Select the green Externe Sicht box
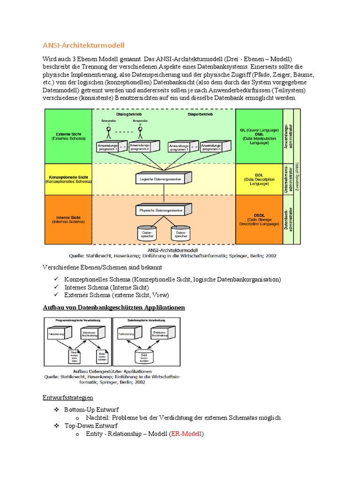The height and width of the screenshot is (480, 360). pos(68,135)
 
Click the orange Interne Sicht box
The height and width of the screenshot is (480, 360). pos(68,220)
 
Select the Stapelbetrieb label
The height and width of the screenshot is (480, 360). pos(201,114)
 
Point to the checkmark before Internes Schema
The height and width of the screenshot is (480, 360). pos(56,287)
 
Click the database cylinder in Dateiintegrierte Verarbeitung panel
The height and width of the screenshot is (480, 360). pos(143,356)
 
